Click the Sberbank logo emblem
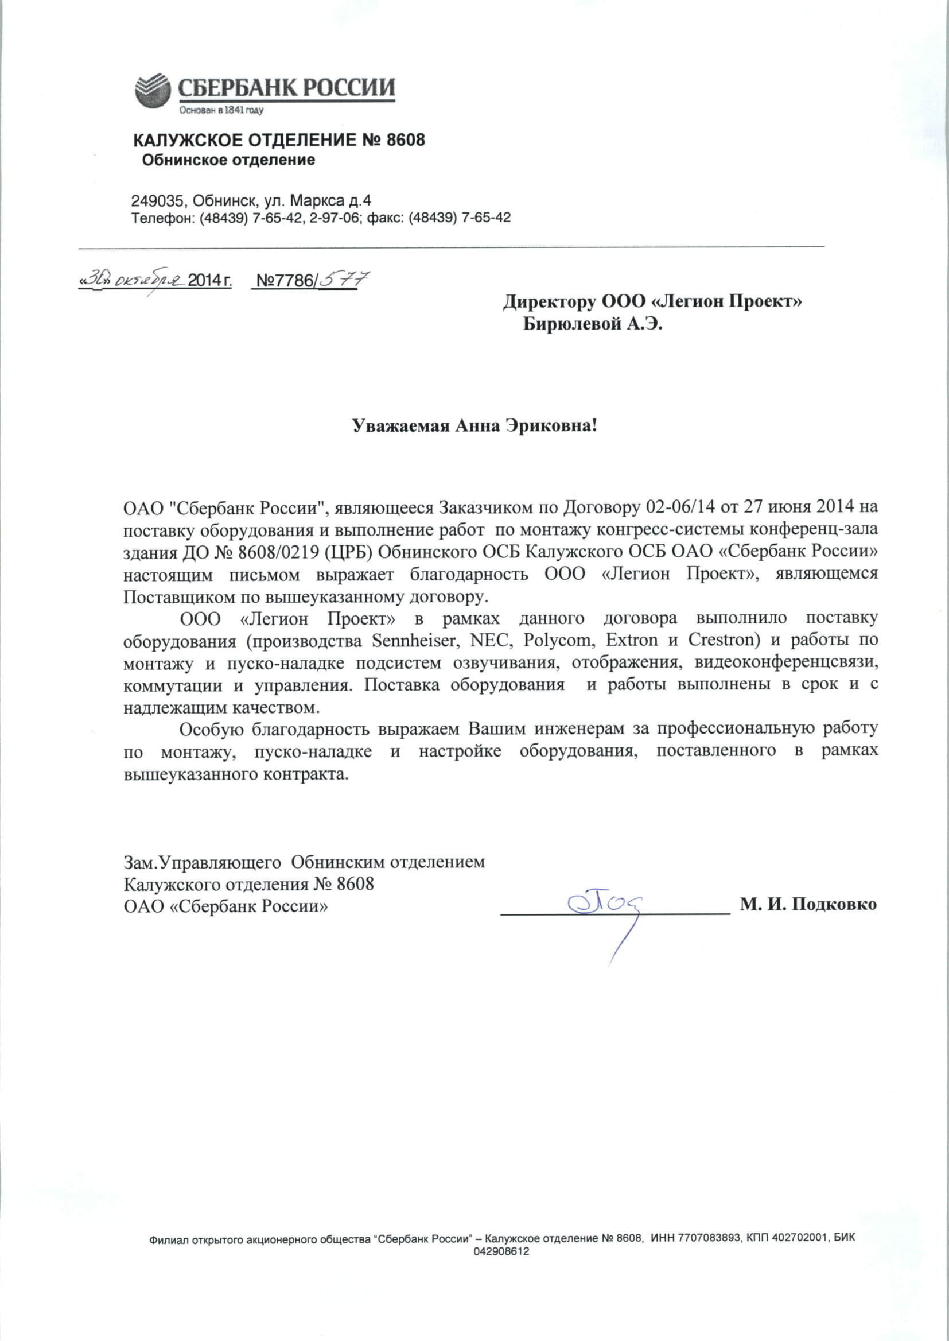point(153,91)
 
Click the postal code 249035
point(155,201)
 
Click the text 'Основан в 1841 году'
point(221,110)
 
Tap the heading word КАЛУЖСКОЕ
point(187,140)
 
